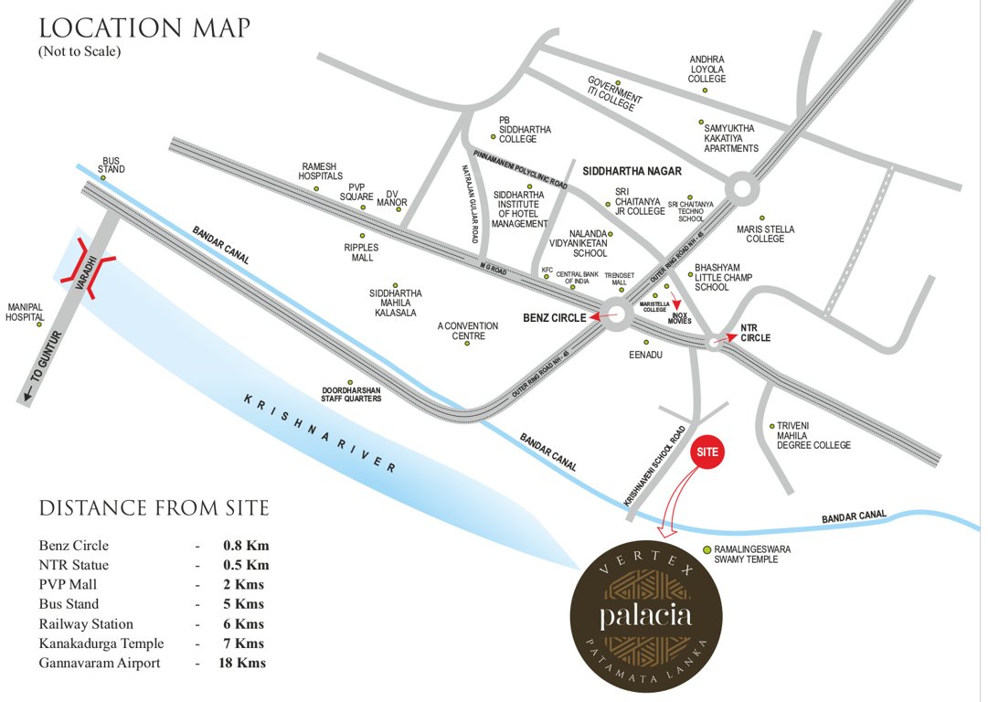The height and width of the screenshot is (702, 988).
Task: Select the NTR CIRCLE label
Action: (x=755, y=332)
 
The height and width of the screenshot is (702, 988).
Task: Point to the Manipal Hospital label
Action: (x=26, y=312)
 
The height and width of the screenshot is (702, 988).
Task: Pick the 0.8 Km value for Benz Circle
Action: (x=246, y=546)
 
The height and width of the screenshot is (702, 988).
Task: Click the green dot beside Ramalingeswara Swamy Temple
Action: (x=706, y=549)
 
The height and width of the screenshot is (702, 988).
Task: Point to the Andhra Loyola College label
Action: (x=706, y=69)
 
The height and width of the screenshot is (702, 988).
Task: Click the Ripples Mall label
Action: (x=360, y=252)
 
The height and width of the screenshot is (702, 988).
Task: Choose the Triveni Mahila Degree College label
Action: (x=813, y=435)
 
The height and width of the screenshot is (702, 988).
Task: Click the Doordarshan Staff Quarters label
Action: (x=351, y=394)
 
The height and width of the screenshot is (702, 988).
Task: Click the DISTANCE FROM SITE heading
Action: (x=154, y=507)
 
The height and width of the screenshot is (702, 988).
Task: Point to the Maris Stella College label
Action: (x=765, y=234)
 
